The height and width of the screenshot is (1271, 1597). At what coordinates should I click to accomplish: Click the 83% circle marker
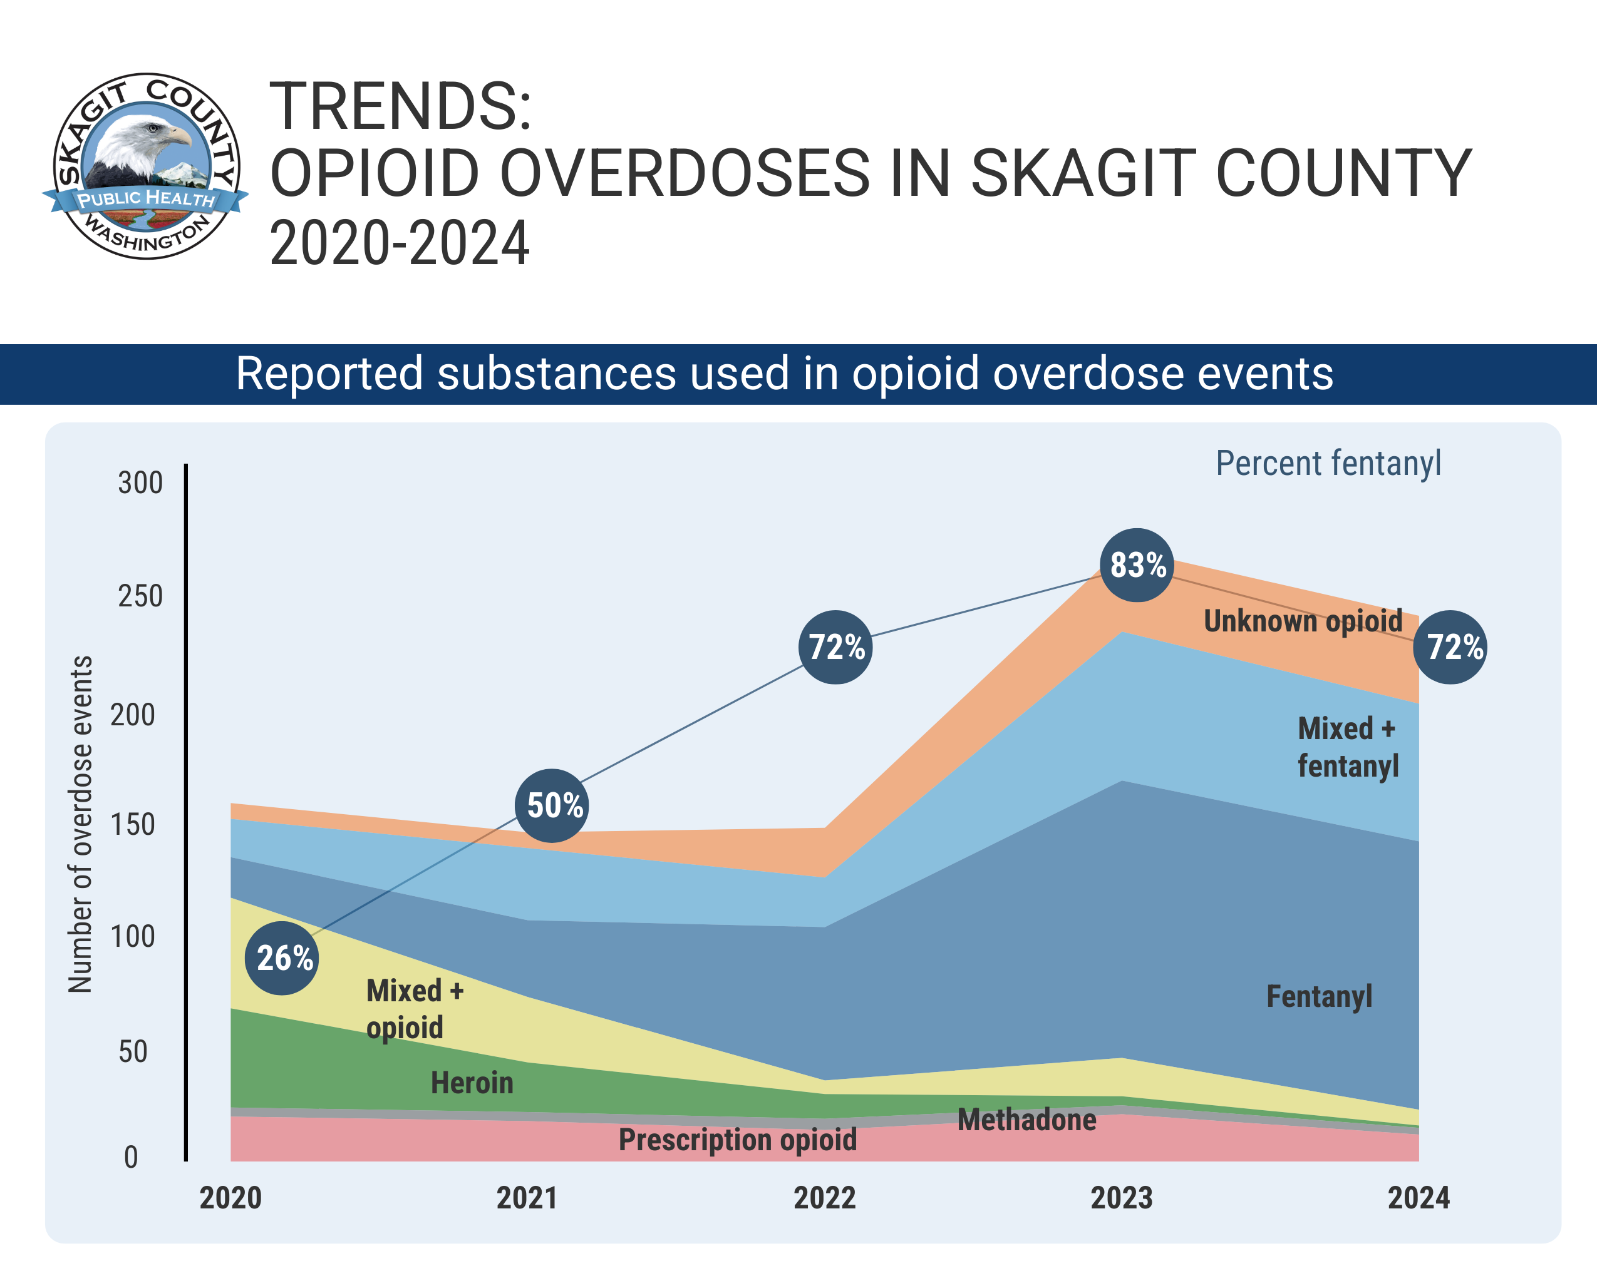tap(1137, 565)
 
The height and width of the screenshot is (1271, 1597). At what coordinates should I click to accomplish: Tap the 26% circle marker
tap(282, 958)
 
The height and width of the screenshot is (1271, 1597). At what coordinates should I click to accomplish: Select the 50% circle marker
tap(552, 805)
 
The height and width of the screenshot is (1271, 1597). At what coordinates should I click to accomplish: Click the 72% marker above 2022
tap(835, 647)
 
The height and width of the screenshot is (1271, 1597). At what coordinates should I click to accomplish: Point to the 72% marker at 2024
tap(1450, 647)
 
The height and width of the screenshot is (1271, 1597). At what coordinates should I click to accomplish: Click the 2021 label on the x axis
tap(527, 1198)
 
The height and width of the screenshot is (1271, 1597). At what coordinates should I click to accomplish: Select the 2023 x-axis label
tap(1122, 1198)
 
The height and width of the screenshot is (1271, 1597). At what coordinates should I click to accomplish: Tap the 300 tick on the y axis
tap(140, 482)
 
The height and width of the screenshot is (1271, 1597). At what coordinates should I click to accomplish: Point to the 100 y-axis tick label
tap(133, 936)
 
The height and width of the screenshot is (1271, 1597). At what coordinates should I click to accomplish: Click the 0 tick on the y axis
tap(131, 1157)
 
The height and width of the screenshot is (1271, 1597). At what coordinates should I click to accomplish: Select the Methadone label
tap(1026, 1120)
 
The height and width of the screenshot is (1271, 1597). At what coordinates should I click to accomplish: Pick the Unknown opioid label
tap(1303, 621)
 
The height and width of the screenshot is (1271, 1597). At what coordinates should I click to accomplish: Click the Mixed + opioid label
tap(415, 1009)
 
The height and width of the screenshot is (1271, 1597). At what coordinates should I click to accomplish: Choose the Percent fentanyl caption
tap(1328, 463)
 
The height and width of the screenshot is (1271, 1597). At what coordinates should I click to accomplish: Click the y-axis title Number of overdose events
tap(80, 824)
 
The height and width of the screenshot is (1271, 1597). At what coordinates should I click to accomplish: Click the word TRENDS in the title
tap(400, 106)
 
